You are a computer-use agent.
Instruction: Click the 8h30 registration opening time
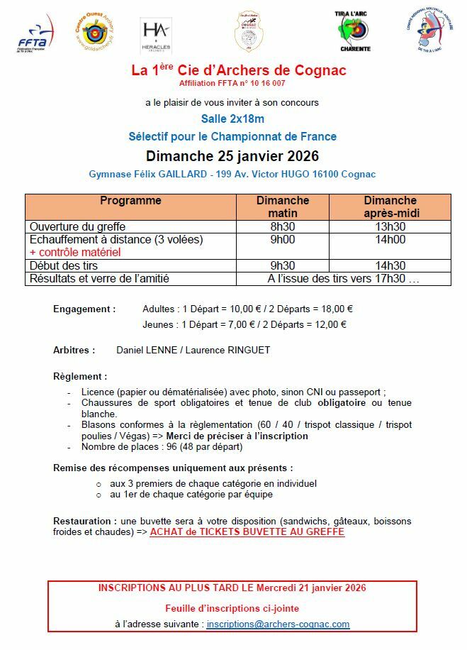click(282, 226)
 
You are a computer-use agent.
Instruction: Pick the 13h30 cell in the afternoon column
click(390, 226)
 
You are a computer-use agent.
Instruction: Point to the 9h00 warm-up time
click(282, 240)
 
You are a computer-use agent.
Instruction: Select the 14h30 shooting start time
click(390, 266)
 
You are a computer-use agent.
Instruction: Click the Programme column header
click(130, 201)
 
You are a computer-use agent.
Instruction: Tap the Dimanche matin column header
click(282, 206)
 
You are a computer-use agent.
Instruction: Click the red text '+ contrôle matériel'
click(75, 252)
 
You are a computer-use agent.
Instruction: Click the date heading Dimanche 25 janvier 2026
click(232, 155)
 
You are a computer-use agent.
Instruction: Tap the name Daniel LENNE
click(145, 350)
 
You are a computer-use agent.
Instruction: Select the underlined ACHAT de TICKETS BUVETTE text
click(247, 531)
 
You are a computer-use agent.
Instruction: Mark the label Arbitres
click(74, 350)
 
